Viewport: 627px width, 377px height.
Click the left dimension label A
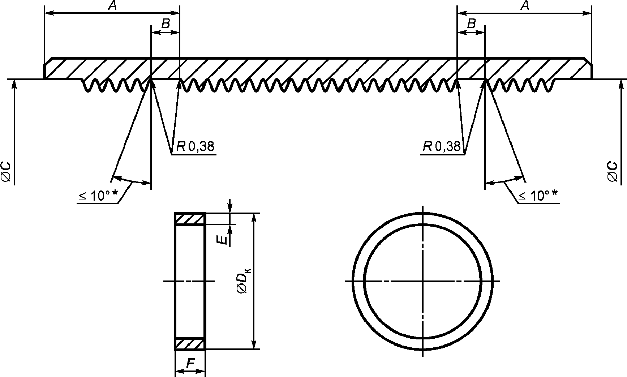click(112, 6)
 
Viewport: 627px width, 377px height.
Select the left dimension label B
click(166, 24)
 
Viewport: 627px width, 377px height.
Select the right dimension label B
click(471, 24)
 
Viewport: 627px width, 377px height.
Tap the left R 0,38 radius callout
click(195, 146)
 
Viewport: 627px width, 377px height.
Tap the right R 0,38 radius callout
click(442, 146)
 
